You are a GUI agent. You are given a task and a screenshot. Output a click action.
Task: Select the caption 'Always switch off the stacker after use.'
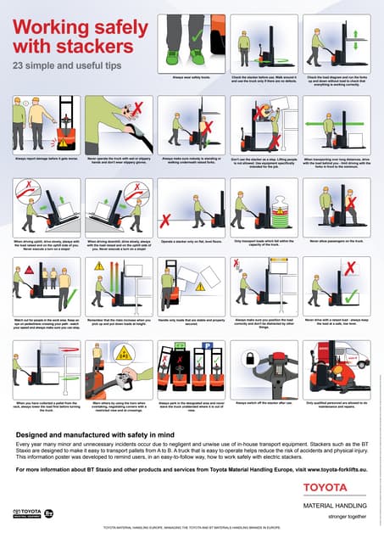click(x=263, y=402)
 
